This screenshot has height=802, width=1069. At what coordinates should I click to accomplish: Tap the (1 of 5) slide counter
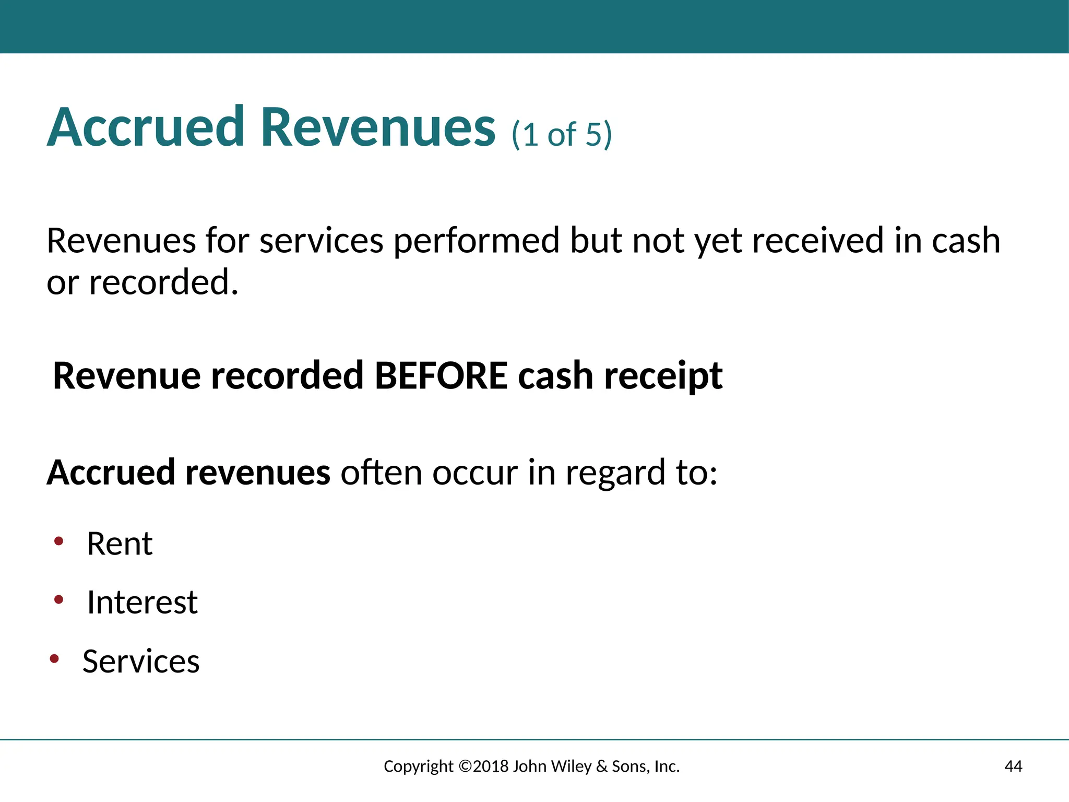[562, 134]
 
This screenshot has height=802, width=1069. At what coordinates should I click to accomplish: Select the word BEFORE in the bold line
[441, 376]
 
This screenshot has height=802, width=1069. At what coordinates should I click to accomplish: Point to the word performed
[476, 241]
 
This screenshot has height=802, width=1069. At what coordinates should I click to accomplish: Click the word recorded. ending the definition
[163, 282]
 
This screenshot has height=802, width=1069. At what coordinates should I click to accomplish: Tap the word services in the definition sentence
[322, 241]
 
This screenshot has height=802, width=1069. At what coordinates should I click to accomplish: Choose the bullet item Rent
[120, 544]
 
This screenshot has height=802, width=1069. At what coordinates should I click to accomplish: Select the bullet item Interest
[142, 602]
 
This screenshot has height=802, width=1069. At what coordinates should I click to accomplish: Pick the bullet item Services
[141, 661]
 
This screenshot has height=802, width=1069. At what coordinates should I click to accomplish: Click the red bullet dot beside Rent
[59, 541]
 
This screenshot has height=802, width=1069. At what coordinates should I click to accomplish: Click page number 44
[1013, 766]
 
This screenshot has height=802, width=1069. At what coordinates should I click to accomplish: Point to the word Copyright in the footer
[419, 766]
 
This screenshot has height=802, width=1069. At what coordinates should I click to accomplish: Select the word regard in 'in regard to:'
[615, 473]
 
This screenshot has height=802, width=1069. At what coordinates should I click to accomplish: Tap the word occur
[474, 473]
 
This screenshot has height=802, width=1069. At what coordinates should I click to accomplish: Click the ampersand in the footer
[602, 766]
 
